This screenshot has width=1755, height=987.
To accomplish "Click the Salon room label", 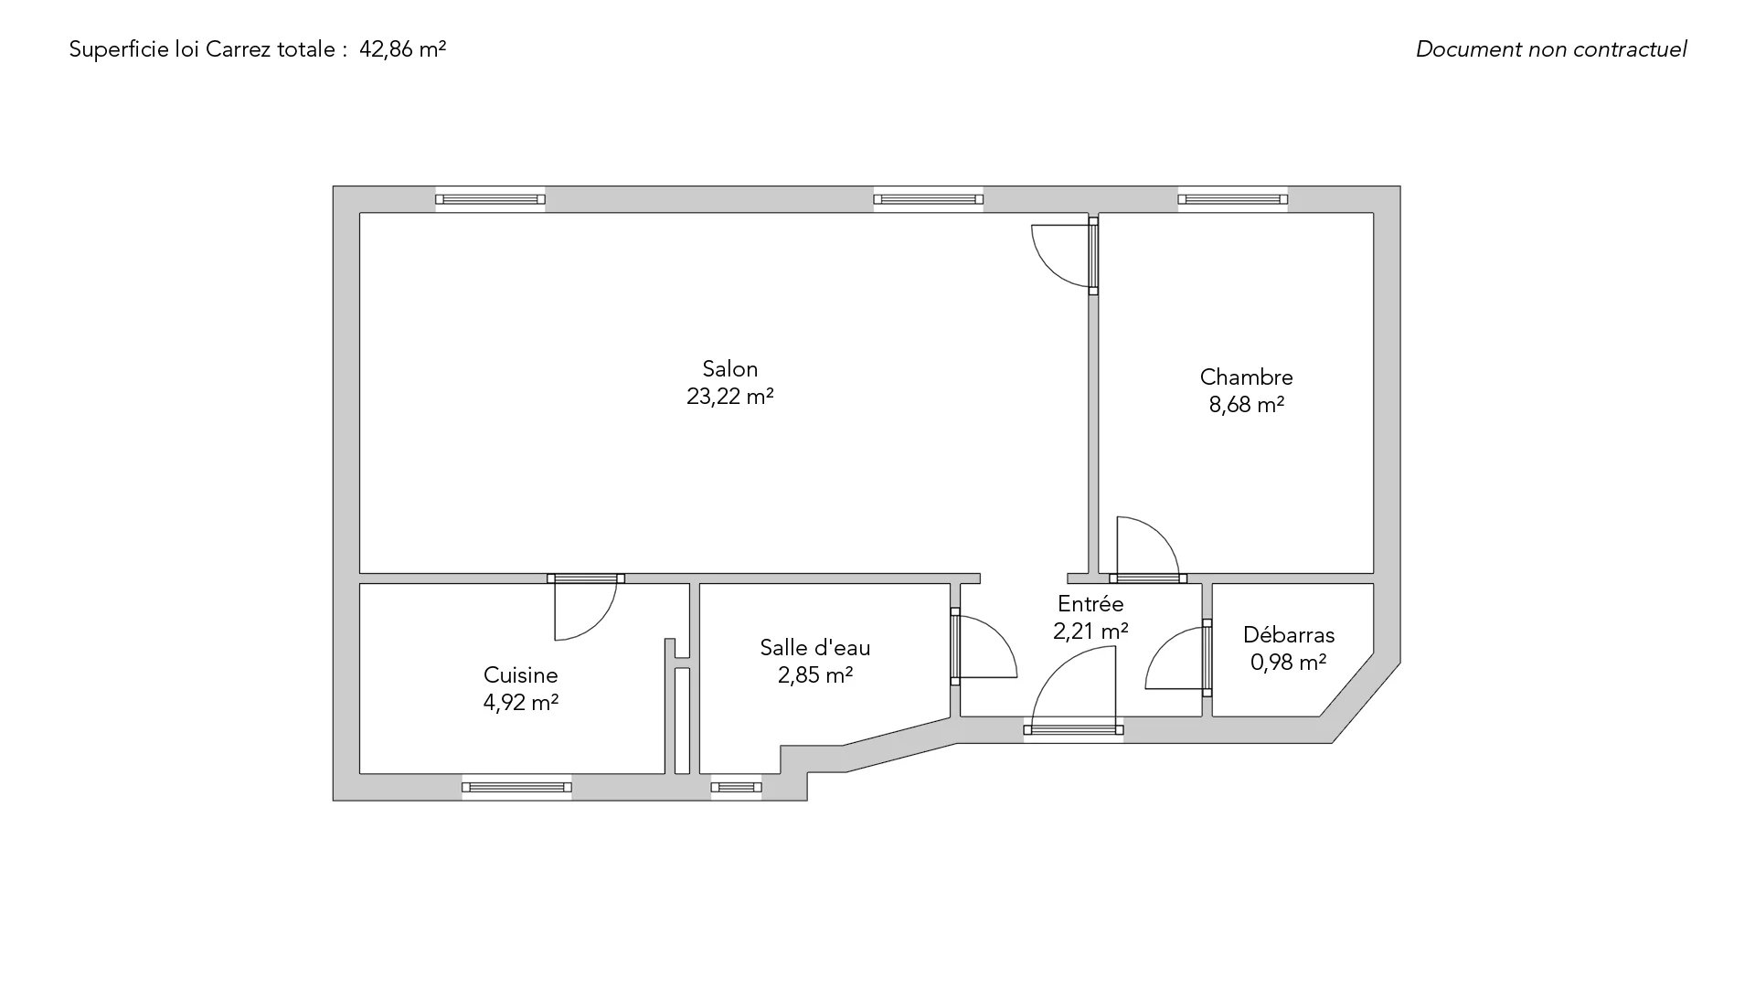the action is tap(729, 369).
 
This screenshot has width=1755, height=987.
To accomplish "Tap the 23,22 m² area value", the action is tap(729, 397).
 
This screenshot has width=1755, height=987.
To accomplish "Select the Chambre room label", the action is tap(1246, 377).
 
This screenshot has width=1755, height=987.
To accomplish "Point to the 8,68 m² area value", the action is tap(1246, 405).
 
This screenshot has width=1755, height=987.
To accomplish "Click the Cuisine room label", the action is tap(520, 675).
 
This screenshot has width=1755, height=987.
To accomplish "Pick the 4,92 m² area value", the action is tap(520, 703).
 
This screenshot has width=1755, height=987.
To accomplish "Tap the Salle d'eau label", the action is tap(815, 648).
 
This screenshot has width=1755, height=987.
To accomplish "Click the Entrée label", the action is tap(1090, 604).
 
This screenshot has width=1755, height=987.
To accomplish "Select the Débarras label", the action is tap(1289, 635).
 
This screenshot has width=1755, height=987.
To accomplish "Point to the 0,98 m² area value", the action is tap(1289, 663).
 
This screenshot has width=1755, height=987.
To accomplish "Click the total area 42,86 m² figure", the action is tap(403, 49).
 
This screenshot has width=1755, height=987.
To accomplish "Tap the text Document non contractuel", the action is tap(1551, 49).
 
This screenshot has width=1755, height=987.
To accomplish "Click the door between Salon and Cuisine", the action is tap(586, 607).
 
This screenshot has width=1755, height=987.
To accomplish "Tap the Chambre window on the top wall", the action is tap(1233, 199).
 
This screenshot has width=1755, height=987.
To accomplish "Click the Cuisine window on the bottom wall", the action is tap(516, 787).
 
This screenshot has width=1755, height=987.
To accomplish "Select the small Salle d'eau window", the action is tap(736, 787).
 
